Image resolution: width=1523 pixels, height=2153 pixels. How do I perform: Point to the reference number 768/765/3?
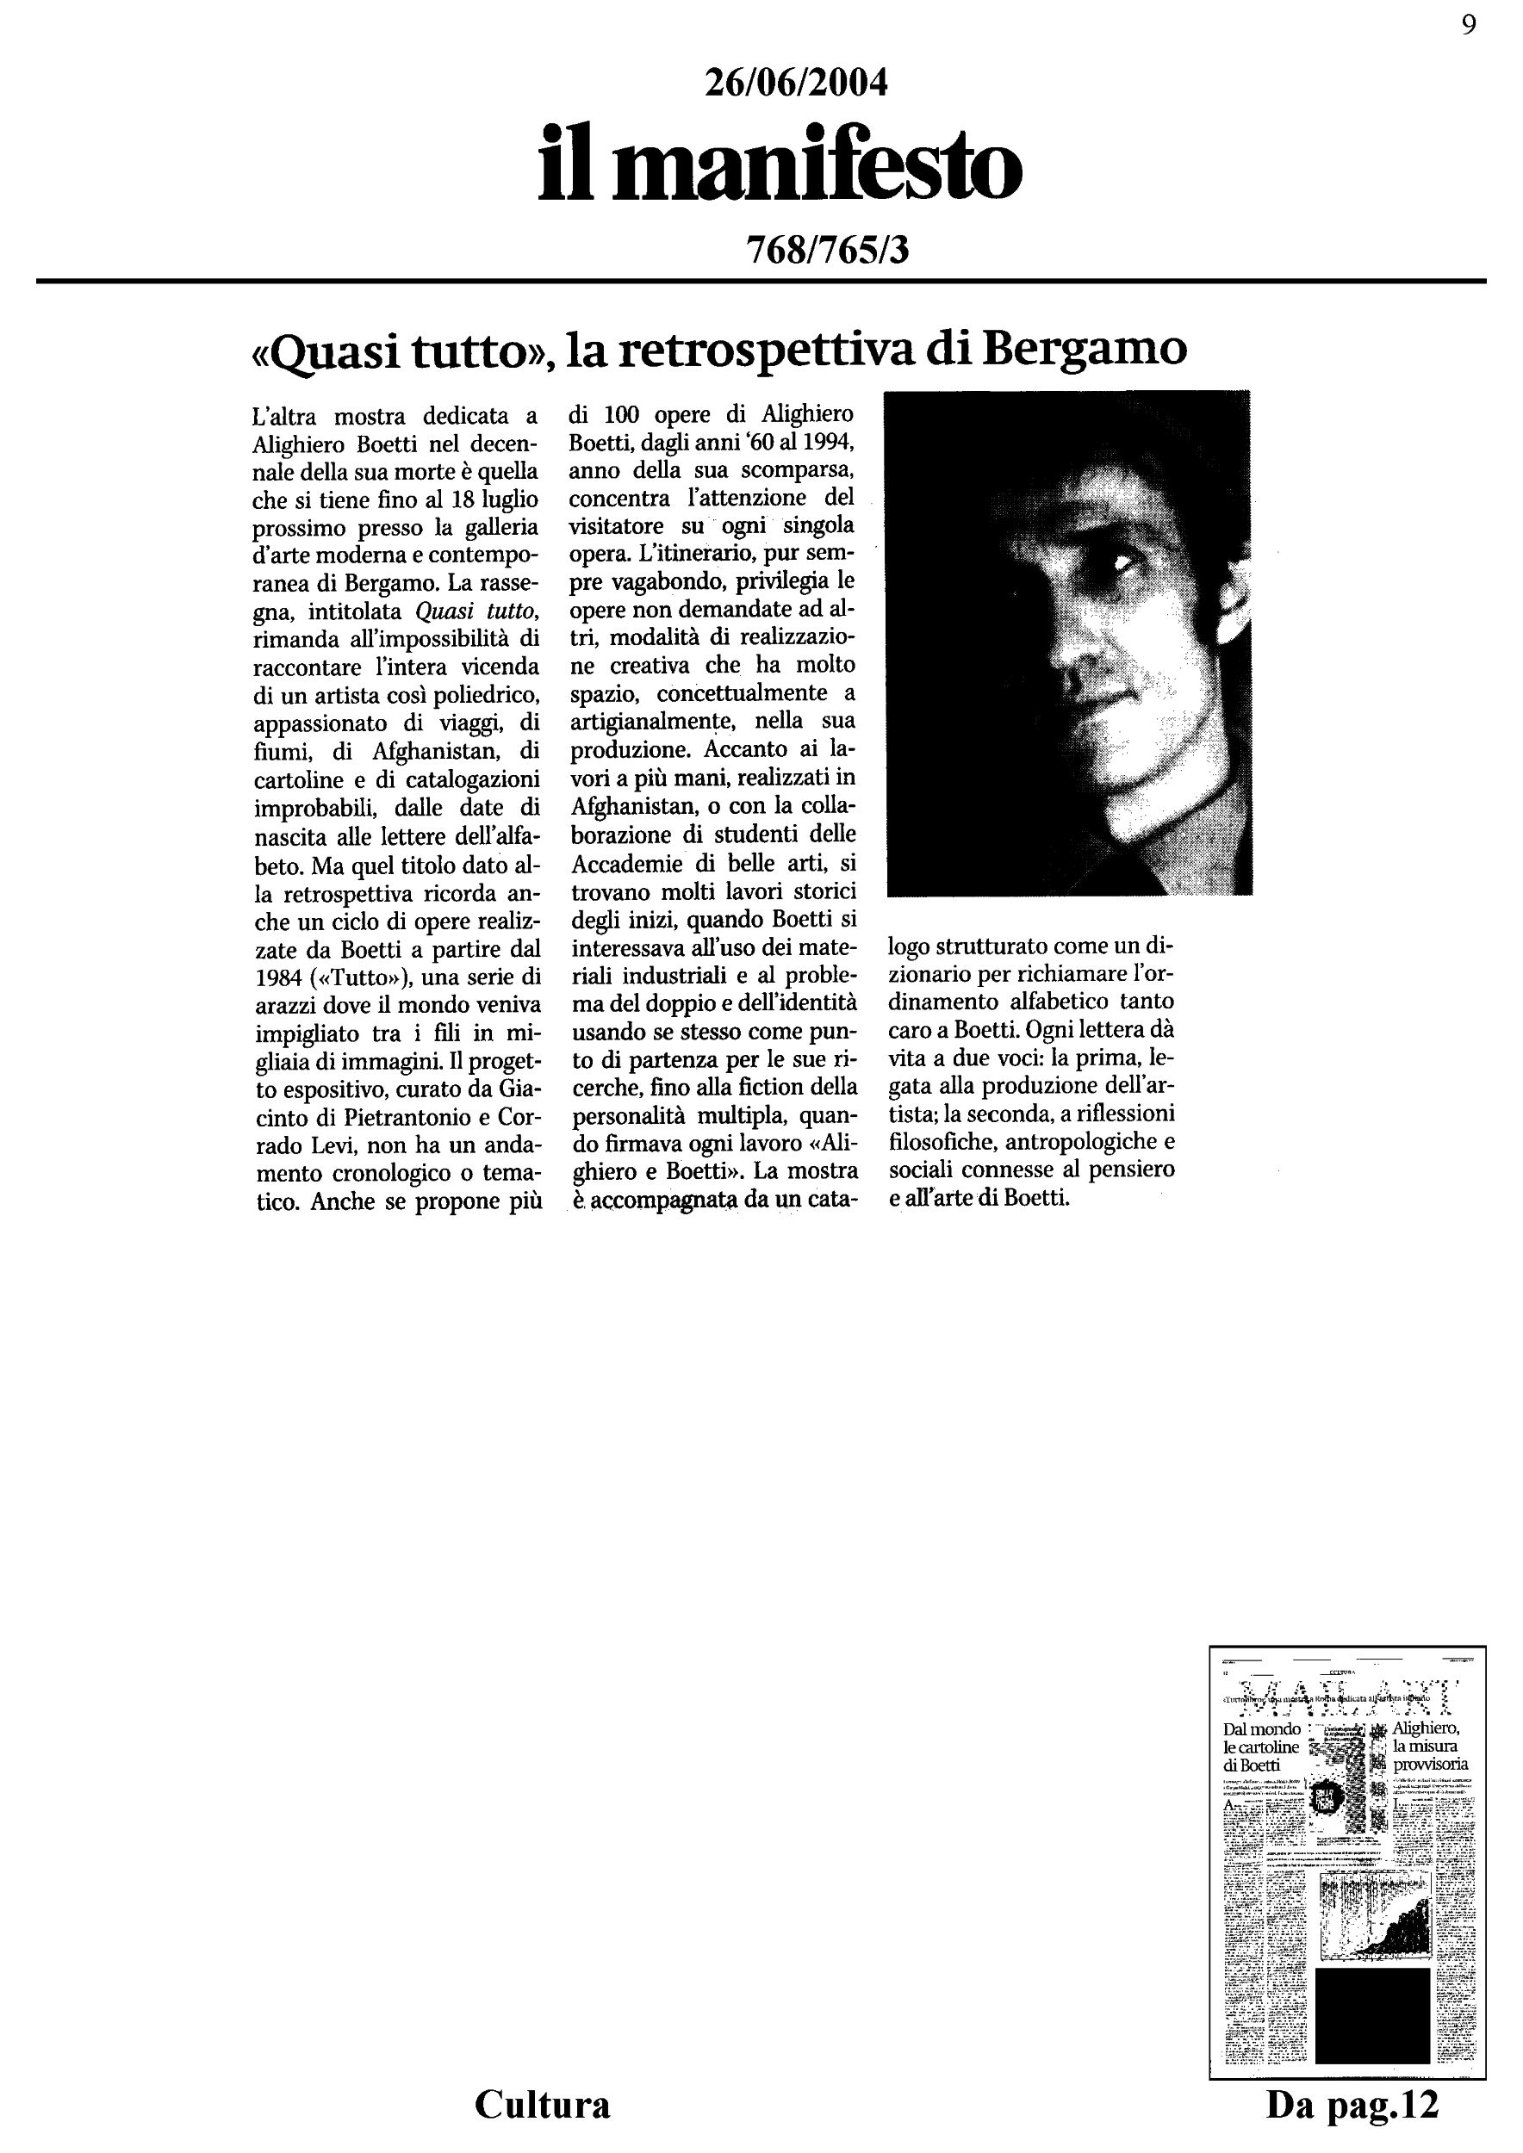(826, 250)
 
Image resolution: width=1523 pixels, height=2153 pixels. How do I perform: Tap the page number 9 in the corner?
(1469, 25)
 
